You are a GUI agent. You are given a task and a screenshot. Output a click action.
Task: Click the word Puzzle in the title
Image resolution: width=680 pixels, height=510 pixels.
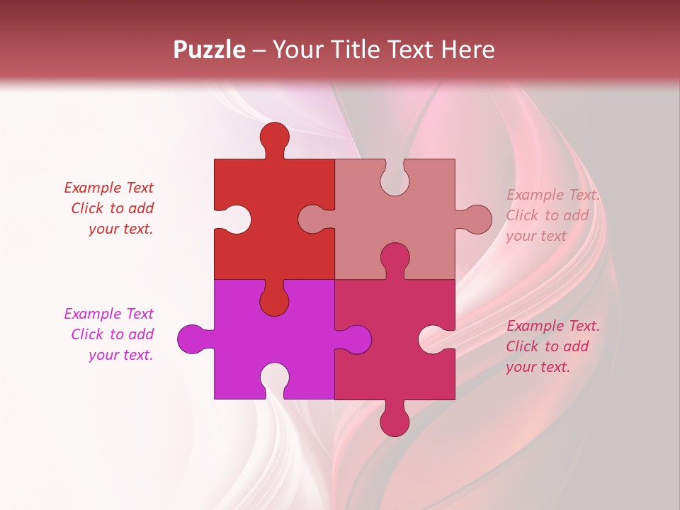click(x=210, y=50)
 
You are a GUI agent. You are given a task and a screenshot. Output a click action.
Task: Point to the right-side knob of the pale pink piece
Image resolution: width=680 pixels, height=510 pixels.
click(x=477, y=220)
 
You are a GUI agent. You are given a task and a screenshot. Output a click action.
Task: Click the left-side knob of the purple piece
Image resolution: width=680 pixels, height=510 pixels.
click(x=192, y=339)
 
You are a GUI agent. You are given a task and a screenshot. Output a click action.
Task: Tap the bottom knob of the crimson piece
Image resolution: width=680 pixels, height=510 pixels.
click(x=395, y=421)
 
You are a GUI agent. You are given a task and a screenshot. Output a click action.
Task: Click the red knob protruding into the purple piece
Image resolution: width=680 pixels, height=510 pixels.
click(x=274, y=300)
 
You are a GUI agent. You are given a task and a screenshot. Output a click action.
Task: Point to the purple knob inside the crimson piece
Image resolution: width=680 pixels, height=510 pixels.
click(x=356, y=339)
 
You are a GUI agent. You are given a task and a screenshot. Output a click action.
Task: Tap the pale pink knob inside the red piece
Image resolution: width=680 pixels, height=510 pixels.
click(x=313, y=220)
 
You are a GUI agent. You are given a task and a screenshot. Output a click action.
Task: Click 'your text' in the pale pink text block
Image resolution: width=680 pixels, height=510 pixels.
click(x=536, y=236)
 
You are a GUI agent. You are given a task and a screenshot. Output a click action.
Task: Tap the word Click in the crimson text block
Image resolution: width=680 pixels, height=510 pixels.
click(x=522, y=346)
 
